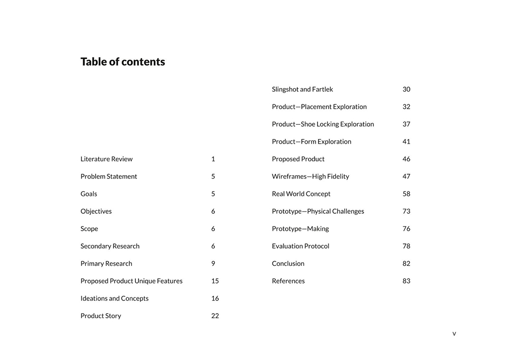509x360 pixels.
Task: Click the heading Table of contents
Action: [123, 62]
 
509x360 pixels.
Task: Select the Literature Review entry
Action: [106, 159]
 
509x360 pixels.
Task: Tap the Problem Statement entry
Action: [108, 176]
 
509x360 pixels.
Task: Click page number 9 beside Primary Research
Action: [213, 263]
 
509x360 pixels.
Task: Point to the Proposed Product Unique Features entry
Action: [131, 281]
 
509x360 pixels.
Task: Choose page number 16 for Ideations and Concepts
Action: [215, 298]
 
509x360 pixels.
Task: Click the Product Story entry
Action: [101, 316]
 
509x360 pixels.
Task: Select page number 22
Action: [215, 316]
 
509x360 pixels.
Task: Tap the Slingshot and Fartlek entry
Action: [302, 89]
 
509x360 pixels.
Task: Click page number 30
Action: [406, 89]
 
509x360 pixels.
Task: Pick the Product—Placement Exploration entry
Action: [319, 106]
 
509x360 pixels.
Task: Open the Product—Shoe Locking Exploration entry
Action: [323, 124]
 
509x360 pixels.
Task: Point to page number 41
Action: [406, 142]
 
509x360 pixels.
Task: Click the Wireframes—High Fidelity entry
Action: [310, 176]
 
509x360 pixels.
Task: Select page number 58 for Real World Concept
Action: [406, 193]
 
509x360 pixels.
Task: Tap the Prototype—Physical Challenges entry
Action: [318, 211]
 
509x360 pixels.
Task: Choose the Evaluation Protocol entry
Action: [300, 246]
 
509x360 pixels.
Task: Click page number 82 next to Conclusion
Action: [406, 263]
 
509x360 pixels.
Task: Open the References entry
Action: [288, 281]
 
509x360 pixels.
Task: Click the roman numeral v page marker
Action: [454, 334]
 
